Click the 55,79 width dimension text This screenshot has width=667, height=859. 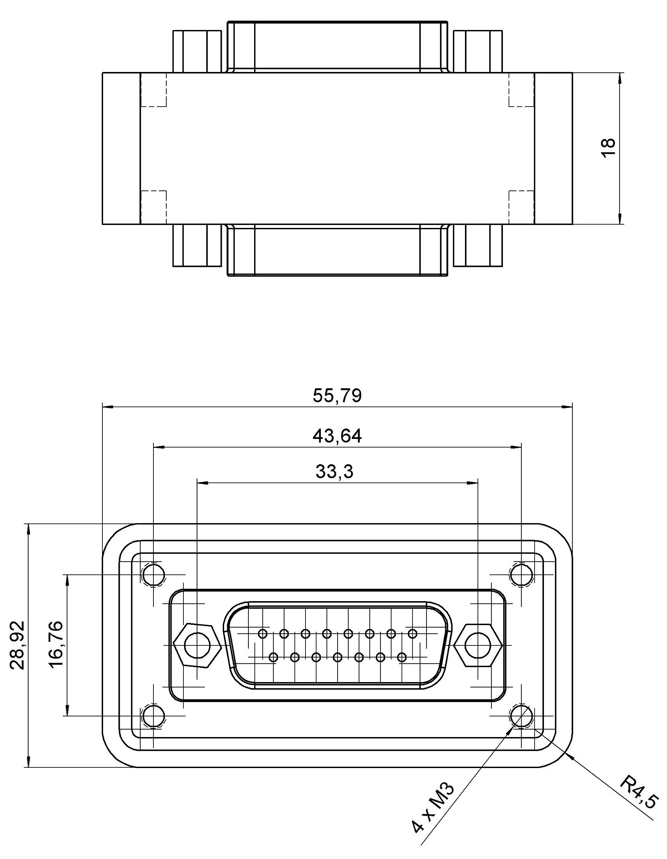point(337,396)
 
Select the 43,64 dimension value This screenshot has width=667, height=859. point(337,436)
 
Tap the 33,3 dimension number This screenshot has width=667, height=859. point(334,471)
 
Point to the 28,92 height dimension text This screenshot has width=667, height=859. point(18,645)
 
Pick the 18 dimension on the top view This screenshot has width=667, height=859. point(608,148)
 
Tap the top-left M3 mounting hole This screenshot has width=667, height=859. point(153,575)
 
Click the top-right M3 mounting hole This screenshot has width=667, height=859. point(521,575)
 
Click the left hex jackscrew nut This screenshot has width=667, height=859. point(196,645)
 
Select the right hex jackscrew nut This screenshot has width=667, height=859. point(477,645)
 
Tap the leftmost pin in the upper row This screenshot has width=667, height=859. point(263,634)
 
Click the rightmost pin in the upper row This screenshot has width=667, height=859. point(412,634)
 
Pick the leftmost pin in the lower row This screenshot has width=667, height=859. point(274,657)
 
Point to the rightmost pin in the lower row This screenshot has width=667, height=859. point(402,657)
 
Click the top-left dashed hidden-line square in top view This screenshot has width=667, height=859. point(153,90)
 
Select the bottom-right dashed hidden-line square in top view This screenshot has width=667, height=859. point(522,207)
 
